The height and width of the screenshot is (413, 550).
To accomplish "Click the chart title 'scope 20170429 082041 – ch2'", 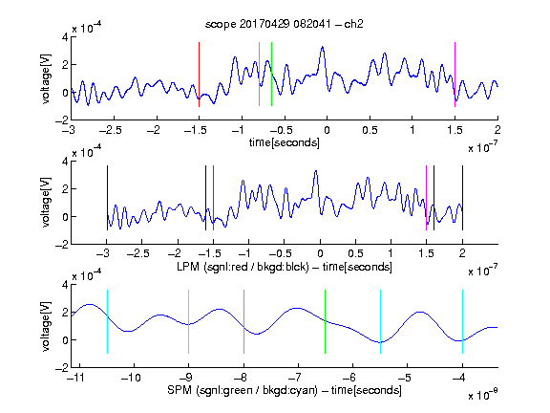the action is tap(284, 24).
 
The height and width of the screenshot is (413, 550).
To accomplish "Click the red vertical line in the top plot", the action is tap(199, 75).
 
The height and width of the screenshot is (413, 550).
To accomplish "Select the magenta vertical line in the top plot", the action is tap(455, 75).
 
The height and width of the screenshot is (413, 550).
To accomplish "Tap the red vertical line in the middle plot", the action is tap(213, 198).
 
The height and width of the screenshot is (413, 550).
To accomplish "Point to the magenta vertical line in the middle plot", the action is tap(426, 198).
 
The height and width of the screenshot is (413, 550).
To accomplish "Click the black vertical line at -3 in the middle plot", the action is tap(107, 198).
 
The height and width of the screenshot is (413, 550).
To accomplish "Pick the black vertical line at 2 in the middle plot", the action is tap(462, 198).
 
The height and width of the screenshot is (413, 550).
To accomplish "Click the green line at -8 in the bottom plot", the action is tap(243, 321).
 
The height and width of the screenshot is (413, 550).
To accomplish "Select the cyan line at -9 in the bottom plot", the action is tap(188, 321).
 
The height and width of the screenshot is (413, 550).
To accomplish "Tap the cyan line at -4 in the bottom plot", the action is tap(462, 321).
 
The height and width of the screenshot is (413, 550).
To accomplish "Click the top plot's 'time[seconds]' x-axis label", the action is tap(285, 142).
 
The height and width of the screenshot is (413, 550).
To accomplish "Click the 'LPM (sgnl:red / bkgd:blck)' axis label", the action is tap(243, 267).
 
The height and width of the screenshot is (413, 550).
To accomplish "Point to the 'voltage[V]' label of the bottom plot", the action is tap(46, 326).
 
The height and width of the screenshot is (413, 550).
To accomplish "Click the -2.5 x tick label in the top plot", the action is tap(110, 131).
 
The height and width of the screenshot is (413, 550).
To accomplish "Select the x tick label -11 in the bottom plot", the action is tap(76, 378).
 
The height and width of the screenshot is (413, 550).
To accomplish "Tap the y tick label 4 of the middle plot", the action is tap(65, 162).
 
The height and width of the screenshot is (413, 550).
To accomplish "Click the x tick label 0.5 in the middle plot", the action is tap(355, 253).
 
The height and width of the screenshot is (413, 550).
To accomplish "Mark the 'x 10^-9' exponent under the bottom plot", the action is tap(482, 394).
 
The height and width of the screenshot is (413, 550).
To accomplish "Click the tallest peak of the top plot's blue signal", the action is tap(322, 47).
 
